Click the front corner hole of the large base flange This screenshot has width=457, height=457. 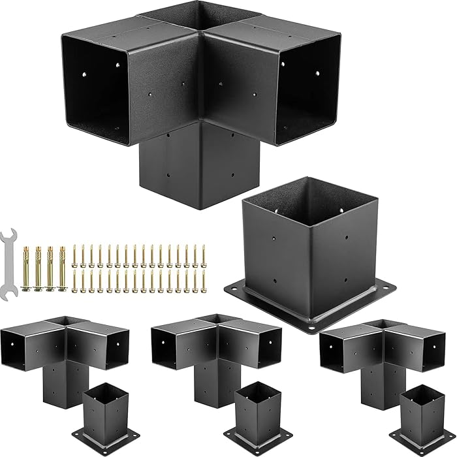(x=313, y=324)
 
